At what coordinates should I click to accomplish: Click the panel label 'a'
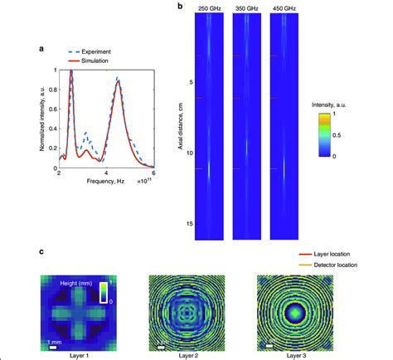coord(41,49)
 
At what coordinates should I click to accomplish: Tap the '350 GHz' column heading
coord(247,7)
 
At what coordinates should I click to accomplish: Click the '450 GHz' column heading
coord(284,7)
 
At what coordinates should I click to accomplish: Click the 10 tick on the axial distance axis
coord(189,153)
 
